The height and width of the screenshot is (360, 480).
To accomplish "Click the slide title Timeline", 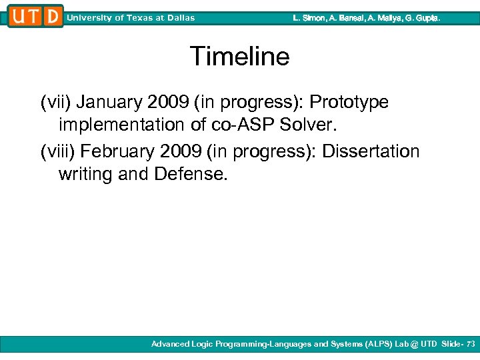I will click(x=239, y=57).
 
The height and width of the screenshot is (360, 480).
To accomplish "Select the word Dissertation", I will click(x=371, y=152).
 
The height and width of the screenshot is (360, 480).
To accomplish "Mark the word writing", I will click(x=85, y=175).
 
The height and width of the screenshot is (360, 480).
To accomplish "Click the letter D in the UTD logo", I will click(x=54, y=17).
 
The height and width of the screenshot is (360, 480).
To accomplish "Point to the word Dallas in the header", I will click(x=179, y=18).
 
